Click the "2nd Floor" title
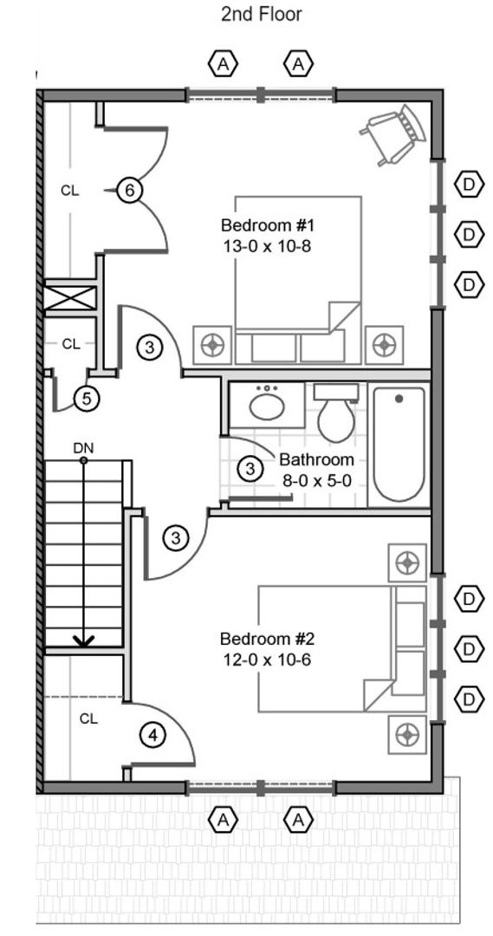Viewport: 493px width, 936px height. [262, 14]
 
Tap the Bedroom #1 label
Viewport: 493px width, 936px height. [268, 226]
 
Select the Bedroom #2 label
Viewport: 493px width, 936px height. [268, 640]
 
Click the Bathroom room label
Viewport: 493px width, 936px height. [316, 460]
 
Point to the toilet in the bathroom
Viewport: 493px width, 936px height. [336, 412]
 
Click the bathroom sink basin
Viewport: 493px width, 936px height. [267, 407]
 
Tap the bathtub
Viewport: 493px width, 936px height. [398, 444]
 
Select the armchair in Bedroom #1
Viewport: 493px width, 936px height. [393, 134]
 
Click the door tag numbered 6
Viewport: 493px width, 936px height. [129, 191]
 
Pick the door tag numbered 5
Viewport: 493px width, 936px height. [87, 398]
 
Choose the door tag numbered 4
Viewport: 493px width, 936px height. [153, 735]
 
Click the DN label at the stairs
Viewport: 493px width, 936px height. [83, 447]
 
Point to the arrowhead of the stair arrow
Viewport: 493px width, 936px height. [83, 640]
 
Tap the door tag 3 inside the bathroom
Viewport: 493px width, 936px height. [250, 469]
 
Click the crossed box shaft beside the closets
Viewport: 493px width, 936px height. [70, 298]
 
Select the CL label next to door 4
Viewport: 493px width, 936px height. [88, 718]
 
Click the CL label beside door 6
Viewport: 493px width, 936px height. [70, 191]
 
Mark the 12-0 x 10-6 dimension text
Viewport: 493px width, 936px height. [268, 660]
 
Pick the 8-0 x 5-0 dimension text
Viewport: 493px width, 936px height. [317, 479]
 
